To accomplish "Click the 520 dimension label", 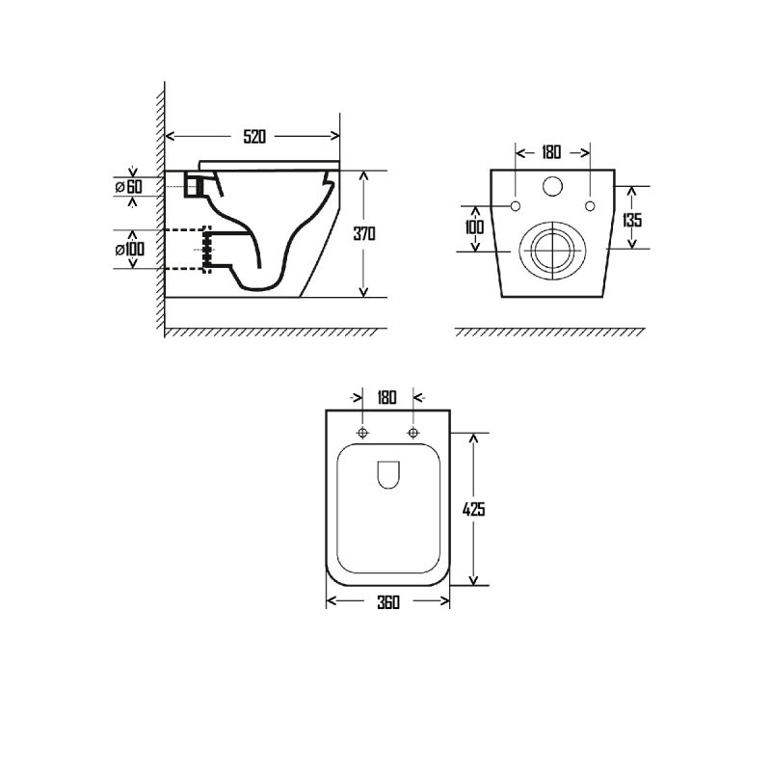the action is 254,136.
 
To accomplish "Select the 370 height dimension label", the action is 364,233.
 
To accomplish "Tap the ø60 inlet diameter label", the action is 129,187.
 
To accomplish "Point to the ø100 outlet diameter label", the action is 130,250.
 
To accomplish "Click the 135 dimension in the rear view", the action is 632,220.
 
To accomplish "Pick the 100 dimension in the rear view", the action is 474,227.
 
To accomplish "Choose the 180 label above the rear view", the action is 551,152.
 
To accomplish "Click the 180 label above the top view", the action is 387,397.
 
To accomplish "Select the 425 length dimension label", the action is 473,510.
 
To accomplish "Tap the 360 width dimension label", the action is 388,602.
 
